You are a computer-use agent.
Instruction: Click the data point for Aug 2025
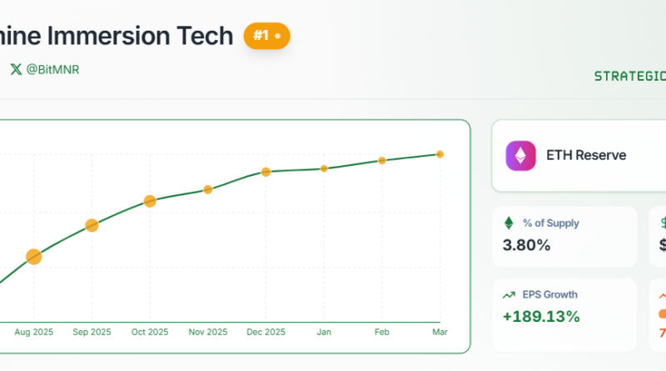34,257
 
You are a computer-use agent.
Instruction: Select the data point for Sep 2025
92,225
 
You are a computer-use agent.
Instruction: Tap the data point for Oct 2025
150,201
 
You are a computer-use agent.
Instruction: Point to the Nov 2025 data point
208,189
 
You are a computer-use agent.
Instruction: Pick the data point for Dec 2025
266,172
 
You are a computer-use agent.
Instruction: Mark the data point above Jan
324,168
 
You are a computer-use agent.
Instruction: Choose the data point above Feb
382,160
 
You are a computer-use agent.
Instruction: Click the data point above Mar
440,154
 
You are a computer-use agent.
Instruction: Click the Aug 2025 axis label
34,332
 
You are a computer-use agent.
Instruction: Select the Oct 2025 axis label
150,332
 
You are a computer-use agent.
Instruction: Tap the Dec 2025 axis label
266,332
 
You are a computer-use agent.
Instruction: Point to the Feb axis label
382,332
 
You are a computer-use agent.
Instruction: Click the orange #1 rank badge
266,37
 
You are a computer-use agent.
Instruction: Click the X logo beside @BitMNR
16,70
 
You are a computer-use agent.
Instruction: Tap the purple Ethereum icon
522,156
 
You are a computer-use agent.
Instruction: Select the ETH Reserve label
586,155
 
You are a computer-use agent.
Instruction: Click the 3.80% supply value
527,245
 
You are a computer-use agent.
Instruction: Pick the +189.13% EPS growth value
541,317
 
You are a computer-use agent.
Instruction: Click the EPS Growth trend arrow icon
509,294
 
